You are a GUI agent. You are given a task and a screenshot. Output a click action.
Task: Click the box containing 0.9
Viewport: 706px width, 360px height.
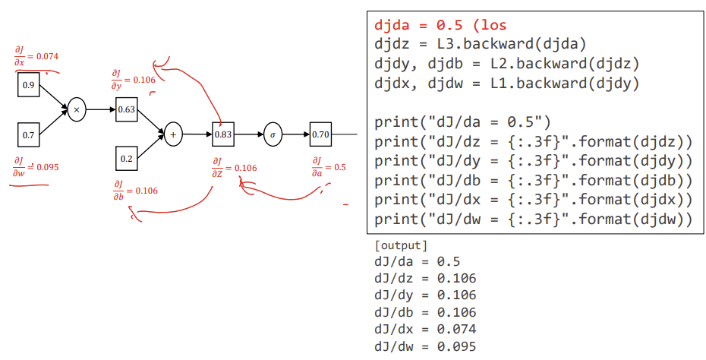28,84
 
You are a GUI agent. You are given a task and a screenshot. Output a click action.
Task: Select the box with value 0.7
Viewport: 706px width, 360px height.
28,134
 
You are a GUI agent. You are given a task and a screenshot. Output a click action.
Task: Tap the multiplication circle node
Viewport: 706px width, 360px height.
77,109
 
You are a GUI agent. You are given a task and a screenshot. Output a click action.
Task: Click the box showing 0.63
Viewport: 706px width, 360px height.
126,109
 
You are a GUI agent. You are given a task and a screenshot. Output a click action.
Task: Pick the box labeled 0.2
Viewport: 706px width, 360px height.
126,158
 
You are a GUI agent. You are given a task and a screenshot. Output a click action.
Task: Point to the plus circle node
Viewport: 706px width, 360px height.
173,134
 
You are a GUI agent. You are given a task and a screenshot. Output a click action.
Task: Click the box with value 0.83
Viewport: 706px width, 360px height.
223,134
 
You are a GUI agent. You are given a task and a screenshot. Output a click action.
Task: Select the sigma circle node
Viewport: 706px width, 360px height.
273,134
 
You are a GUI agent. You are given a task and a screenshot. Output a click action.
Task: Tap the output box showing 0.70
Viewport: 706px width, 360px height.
320,134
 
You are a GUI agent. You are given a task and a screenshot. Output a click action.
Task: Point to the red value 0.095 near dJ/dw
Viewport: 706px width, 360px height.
46,166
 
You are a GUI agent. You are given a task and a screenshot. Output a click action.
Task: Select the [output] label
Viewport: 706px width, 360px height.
401,245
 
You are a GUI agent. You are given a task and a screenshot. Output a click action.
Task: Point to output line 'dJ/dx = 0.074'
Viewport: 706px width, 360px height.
425,329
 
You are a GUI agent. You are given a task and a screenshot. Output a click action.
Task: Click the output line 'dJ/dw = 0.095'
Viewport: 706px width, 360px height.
425,347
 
